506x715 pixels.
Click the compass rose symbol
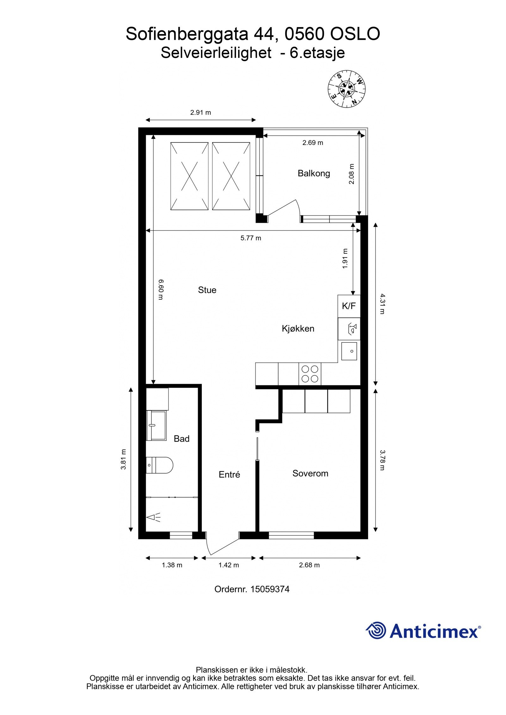(x=346, y=88)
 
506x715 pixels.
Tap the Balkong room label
(x=314, y=173)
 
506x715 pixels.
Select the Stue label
(x=207, y=290)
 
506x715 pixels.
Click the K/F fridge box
(x=349, y=306)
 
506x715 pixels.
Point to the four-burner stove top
(x=310, y=374)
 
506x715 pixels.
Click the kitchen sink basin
(x=349, y=351)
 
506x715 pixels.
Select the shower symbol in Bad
(x=153, y=518)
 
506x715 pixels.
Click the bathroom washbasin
(x=156, y=426)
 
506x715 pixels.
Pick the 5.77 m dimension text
(x=251, y=238)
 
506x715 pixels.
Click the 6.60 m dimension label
(x=160, y=289)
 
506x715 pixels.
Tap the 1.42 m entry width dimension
(x=229, y=565)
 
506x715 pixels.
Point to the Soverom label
(x=310, y=473)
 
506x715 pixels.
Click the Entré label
(x=229, y=475)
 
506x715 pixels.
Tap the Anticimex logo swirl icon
(x=376, y=630)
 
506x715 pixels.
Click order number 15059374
(x=270, y=589)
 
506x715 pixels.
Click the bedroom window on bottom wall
(x=291, y=535)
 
